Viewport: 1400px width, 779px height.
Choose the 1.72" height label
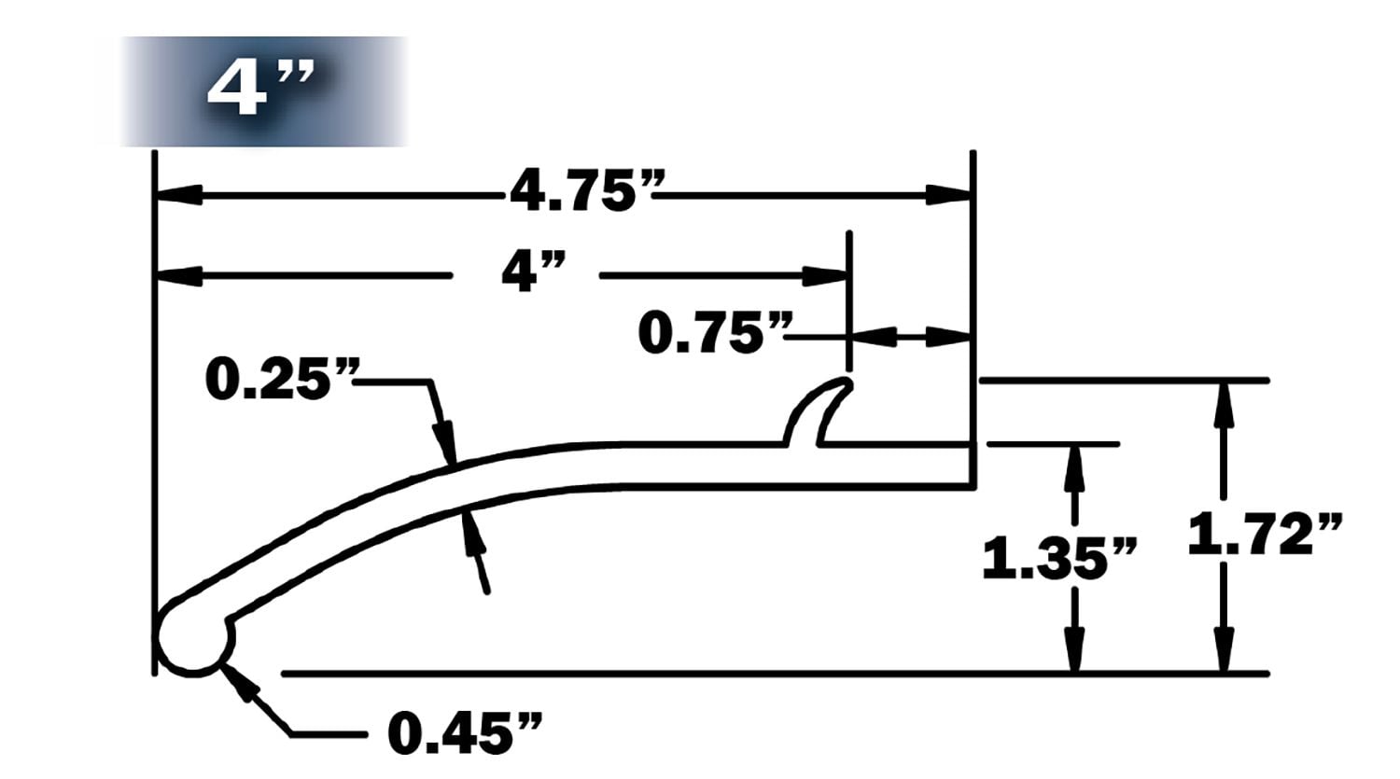1266,535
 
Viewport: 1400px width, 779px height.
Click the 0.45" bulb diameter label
464,732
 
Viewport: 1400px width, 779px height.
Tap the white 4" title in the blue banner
259,90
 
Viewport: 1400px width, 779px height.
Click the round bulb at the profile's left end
194,640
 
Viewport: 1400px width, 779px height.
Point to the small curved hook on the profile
819,409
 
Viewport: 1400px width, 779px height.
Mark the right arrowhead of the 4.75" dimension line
947,196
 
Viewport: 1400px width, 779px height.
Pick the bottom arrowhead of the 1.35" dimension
1074,649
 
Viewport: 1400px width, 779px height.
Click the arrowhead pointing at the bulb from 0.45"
239,682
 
